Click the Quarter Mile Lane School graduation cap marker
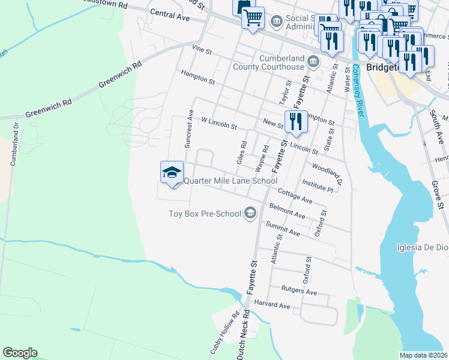[172, 172]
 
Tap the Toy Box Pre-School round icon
[250, 213]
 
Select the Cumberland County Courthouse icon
[313, 62]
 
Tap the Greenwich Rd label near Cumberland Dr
[49, 109]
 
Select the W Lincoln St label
[219, 124]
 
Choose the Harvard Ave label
[272, 305]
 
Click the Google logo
[20, 353]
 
